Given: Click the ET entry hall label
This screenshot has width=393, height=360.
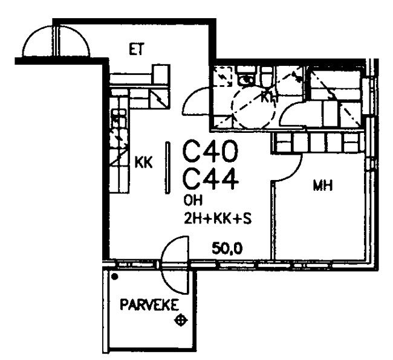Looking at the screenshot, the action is click(137, 50).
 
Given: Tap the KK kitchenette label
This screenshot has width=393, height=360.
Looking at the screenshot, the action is click(144, 162).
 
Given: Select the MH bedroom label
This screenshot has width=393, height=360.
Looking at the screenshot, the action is click(323, 186).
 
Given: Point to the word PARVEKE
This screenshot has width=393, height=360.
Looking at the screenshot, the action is click(149, 304).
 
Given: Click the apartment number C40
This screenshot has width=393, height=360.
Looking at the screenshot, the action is click(210, 152).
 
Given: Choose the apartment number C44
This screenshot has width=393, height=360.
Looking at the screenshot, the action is click(210, 179).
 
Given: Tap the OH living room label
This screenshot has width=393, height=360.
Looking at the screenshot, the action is click(193, 201).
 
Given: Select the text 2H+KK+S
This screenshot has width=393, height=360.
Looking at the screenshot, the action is click(218, 219).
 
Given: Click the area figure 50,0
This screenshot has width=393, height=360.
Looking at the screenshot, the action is click(227, 248).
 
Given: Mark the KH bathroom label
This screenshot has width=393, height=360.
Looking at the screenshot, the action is click(269, 97).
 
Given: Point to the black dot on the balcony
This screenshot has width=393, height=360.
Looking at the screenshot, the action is click(114, 277).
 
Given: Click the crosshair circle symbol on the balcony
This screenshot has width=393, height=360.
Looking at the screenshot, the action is click(180, 320).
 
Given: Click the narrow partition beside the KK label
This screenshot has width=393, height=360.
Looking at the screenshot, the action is click(167, 167).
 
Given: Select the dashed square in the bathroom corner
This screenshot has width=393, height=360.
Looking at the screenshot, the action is click(222, 76).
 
